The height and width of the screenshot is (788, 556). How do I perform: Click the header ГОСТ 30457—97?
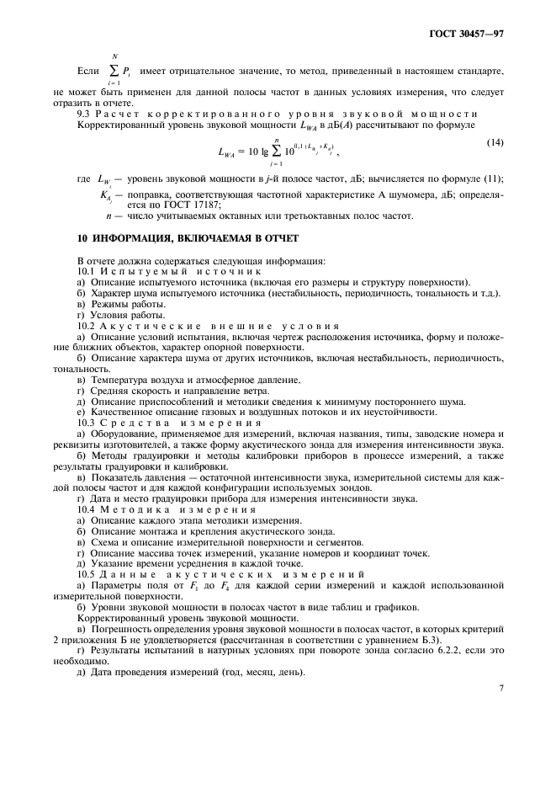click(471, 35)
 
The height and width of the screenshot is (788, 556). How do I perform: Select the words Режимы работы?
click(120, 303)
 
